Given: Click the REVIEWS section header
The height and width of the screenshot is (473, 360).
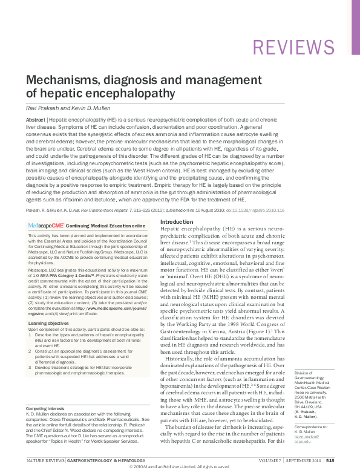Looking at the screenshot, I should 293,47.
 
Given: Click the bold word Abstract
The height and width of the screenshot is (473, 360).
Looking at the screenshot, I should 34,121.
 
